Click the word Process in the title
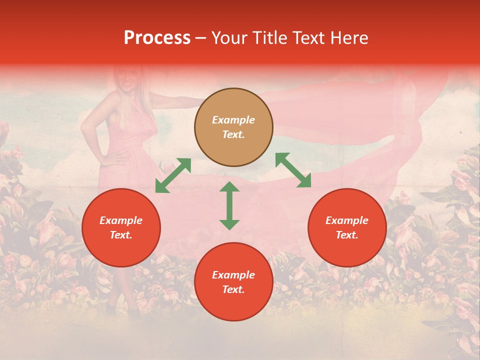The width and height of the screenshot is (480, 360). [157, 38]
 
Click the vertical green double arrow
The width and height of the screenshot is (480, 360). [229, 205]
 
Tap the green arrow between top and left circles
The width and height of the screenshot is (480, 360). [173, 175]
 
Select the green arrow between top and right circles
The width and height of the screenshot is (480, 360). [293, 170]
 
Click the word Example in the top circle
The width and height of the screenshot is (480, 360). [233, 120]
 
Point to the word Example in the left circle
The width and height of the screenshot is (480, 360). [121, 220]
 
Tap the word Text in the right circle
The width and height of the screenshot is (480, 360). [347, 235]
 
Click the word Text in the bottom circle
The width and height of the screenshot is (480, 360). [233, 289]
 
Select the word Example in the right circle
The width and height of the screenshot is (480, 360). [347, 220]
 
